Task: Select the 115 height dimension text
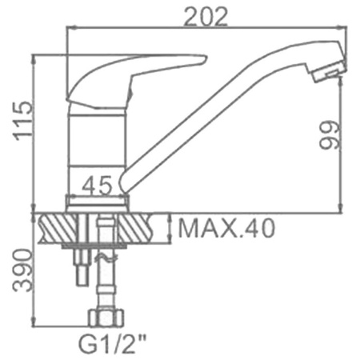click(x=23, y=120)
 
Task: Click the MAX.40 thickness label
click(x=226, y=230)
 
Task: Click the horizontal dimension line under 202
click(x=206, y=27)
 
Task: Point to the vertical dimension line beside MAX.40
click(x=170, y=229)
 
